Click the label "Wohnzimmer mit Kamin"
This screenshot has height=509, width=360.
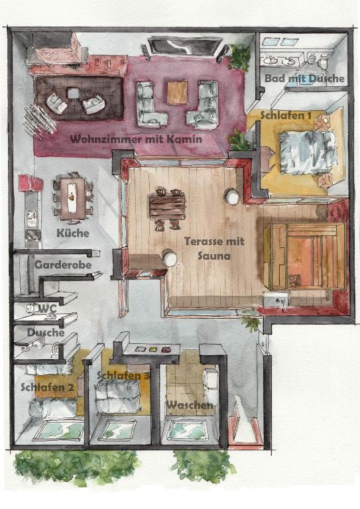pyautogui.click(x=137, y=140)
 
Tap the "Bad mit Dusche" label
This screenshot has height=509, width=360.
pyautogui.click(x=304, y=78)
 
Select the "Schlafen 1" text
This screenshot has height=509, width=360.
pyautogui.click(x=286, y=115)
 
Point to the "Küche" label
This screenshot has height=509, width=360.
pyautogui.click(x=73, y=233)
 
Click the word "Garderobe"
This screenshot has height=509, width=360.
pyautogui.click(x=62, y=265)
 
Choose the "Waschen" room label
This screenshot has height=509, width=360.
pyautogui.click(x=190, y=405)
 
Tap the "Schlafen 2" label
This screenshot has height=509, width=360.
pyautogui.click(x=47, y=387)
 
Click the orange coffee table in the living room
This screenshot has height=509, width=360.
pyautogui.click(x=177, y=93)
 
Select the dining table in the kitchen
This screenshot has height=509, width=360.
pyautogui.click(x=73, y=198)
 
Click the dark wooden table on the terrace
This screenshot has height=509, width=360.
pyautogui.click(x=167, y=207)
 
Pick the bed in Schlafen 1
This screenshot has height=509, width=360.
pyautogui.click(x=308, y=152)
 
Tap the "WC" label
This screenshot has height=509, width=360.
pyautogui.click(x=47, y=309)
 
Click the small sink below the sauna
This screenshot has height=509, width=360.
pyautogui.click(x=276, y=299)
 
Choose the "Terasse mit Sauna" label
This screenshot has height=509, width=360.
pyautogui.click(x=214, y=249)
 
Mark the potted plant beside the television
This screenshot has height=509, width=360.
pyautogui.click(x=240, y=58)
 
